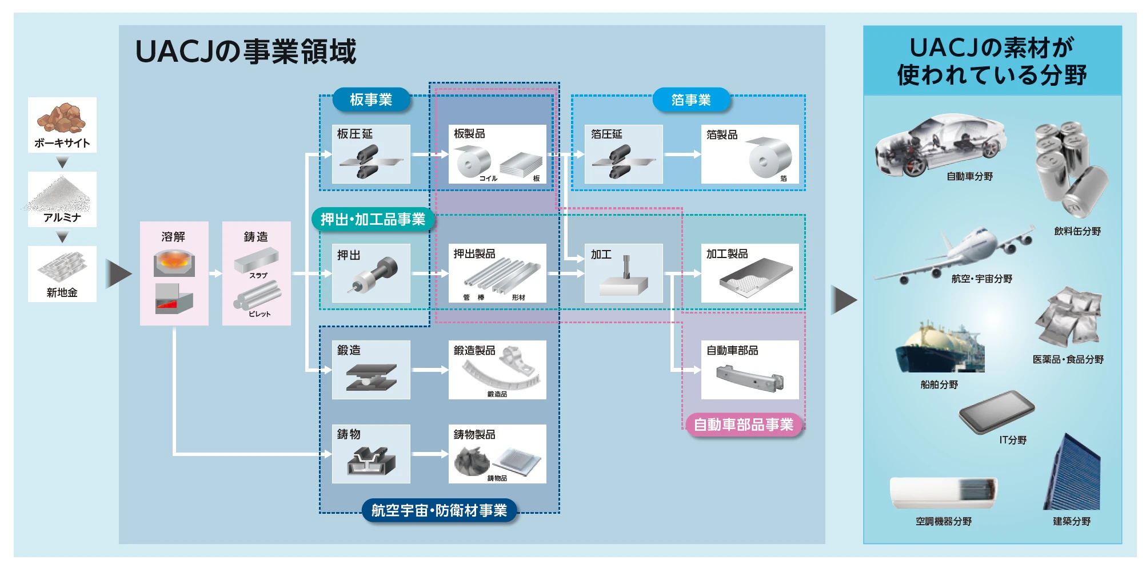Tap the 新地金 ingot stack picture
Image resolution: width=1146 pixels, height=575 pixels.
click(x=62, y=267)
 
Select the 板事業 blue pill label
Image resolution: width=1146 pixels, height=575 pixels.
click(x=371, y=100)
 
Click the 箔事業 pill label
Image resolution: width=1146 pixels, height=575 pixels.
click(x=691, y=100)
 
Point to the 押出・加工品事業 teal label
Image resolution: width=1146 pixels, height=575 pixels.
click(x=373, y=219)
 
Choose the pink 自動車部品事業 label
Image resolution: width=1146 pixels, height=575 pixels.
click(x=743, y=425)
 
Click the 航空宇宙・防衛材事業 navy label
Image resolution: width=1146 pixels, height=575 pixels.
click(x=439, y=510)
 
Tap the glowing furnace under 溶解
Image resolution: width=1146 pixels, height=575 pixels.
click(x=174, y=263)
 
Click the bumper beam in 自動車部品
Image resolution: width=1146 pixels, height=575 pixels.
click(x=749, y=378)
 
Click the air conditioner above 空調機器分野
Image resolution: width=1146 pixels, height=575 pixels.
click(x=943, y=493)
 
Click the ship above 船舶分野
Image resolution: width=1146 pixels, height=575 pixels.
click(x=940, y=349)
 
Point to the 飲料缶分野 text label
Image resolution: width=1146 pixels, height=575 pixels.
click(x=1077, y=231)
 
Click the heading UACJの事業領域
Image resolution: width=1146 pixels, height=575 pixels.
click(x=245, y=51)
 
